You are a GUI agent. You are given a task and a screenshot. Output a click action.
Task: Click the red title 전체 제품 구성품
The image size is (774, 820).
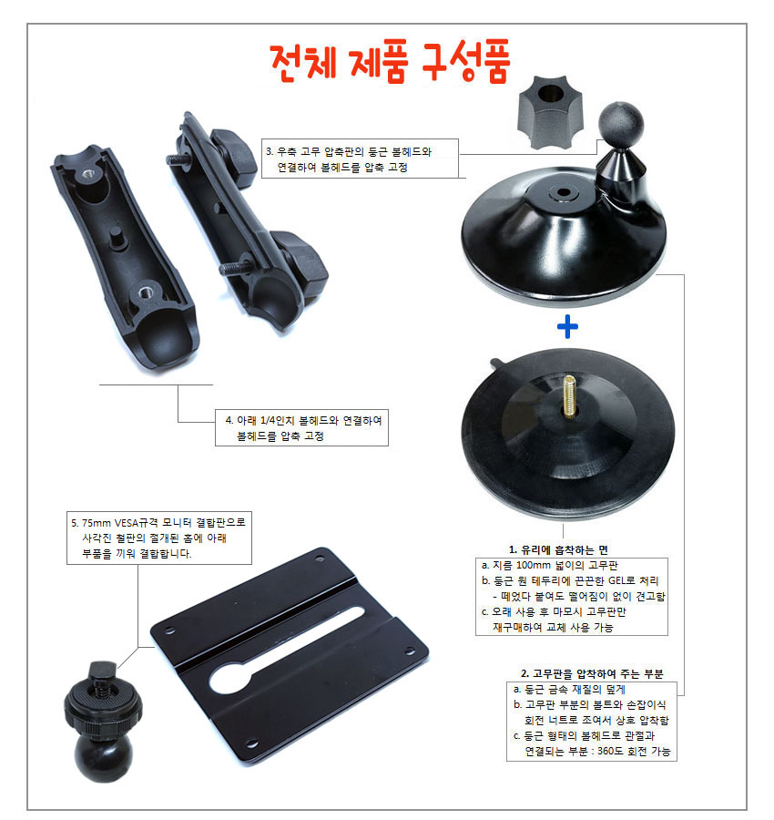tap(391, 62)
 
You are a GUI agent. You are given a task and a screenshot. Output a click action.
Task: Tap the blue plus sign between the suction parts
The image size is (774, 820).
tap(567, 327)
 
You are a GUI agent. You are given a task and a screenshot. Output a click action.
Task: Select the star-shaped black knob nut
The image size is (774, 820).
tap(550, 112)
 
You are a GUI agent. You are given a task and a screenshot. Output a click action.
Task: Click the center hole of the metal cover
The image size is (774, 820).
tap(563, 192)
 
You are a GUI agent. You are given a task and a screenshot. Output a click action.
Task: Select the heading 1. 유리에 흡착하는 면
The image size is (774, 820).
tap(558, 549)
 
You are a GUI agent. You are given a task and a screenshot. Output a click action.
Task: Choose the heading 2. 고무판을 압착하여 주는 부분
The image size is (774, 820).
tap(592, 673)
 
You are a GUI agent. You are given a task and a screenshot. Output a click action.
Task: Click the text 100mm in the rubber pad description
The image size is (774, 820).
tap(534, 565)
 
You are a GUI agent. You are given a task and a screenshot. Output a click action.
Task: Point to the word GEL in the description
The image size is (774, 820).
tap(619, 580)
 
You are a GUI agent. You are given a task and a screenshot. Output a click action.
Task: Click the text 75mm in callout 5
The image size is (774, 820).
tap(97, 522)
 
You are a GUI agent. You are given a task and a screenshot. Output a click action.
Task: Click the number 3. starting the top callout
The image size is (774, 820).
tap(270, 151)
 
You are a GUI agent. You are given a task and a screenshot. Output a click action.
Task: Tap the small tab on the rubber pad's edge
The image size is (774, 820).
tap(495, 363)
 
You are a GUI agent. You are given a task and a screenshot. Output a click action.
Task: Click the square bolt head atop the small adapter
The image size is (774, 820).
tap(102, 670)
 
